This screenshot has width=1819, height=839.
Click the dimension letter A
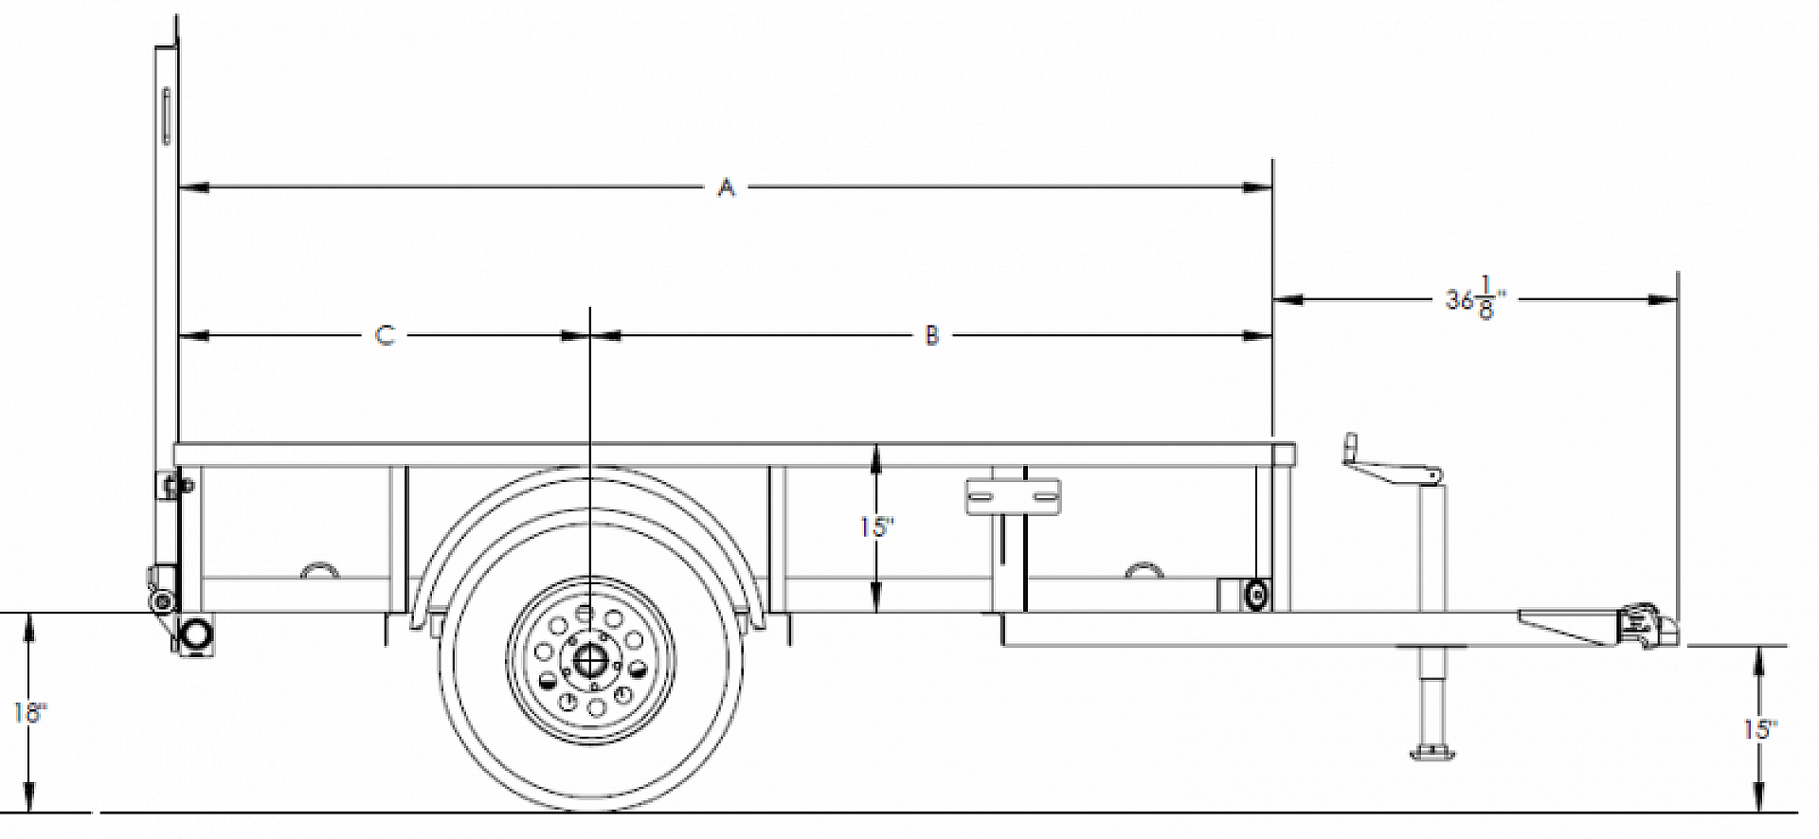coord(726,187)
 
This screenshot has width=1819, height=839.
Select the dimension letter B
coord(931,335)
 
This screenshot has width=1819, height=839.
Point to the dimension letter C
coord(385,335)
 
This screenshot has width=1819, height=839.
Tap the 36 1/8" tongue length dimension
coord(1474,299)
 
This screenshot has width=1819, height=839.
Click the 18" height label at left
coord(28,713)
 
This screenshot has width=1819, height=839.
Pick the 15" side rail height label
coord(876,527)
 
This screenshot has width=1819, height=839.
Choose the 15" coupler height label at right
coord(1759,729)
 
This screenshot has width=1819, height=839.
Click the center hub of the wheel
coord(590,659)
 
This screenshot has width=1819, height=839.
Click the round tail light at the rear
coord(197,633)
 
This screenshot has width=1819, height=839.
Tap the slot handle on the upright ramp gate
coord(166,116)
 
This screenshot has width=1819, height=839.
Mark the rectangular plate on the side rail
coord(1013,496)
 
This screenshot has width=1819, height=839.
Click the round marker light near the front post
coord(1257,595)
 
